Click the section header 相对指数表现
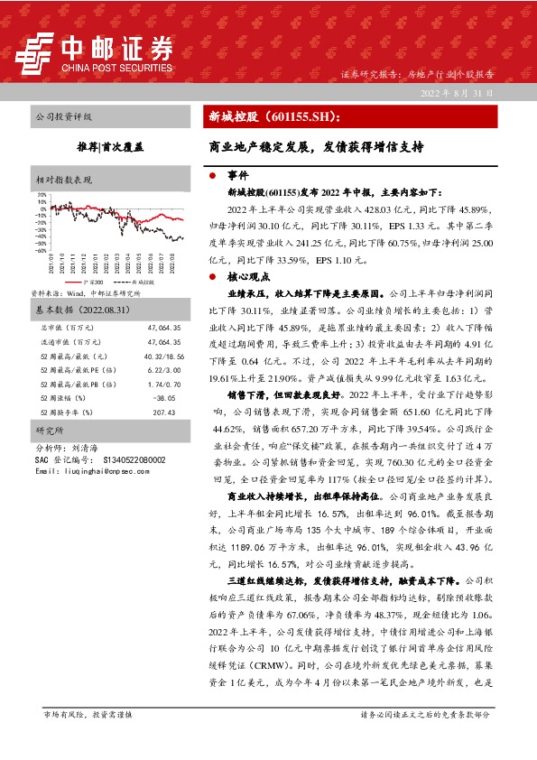(63, 180)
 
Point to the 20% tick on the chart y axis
(42, 194)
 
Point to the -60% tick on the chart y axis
(41, 250)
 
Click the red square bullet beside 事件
(211, 175)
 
